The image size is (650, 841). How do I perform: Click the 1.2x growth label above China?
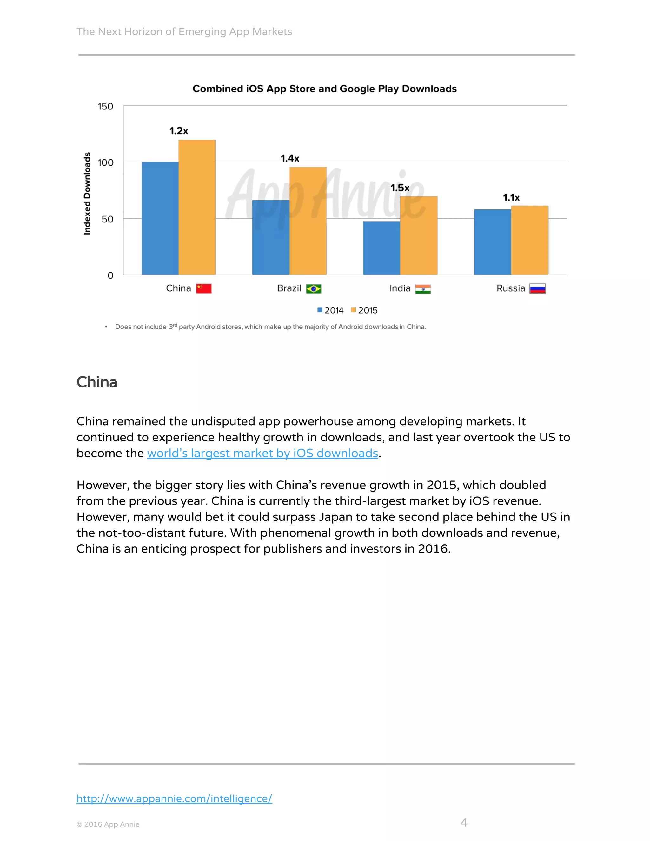coord(179,131)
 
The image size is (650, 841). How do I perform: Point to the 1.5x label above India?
coord(400,188)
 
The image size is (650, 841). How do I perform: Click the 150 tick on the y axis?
coord(105,106)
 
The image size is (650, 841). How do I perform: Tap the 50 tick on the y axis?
coord(108,219)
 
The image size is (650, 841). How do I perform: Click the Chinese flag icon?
coord(204,288)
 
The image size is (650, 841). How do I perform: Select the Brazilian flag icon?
coord(314,289)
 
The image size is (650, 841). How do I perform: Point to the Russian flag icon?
coord(537,288)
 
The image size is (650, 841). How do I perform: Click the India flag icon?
coord(423,289)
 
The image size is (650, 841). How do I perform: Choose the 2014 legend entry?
coord(330,310)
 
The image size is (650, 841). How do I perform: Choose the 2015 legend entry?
coord(364,310)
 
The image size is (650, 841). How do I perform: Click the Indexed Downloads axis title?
coord(87,193)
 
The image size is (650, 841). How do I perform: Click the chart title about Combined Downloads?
coord(324,89)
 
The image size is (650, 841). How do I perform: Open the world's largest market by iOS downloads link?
coord(262,453)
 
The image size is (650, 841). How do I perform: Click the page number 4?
coord(464,823)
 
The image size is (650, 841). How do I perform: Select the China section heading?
coord(97,382)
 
